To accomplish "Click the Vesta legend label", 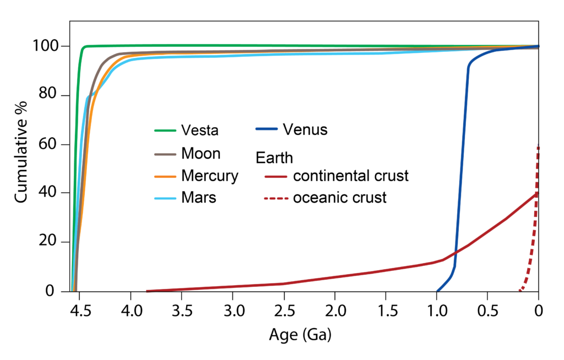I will click(x=200, y=130).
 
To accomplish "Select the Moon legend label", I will click(x=200, y=154).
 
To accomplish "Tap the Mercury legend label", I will click(x=209, y=176).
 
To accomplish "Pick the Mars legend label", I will click(x=198, y=198).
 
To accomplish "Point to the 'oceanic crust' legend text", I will click(x=339, y=198).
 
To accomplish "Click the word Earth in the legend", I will click(x=274, y=157).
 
